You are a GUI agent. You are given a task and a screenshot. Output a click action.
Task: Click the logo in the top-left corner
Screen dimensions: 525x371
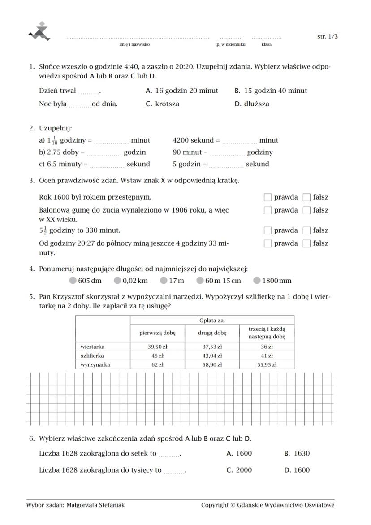pos(39,31)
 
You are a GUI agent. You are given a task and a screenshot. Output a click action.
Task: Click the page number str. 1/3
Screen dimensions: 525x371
pos(327,37)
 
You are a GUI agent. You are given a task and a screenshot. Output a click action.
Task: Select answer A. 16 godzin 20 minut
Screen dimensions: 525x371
pos(182,91)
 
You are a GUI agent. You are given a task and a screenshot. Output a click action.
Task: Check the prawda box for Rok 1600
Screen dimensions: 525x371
pos(267,197)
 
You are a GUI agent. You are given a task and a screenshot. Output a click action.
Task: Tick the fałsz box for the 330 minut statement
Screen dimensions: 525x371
pos(306,230)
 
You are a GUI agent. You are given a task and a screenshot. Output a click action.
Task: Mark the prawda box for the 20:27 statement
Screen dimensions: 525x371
pos(267,243)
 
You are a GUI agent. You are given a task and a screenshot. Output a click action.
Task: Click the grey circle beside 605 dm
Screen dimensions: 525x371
pos(73,281)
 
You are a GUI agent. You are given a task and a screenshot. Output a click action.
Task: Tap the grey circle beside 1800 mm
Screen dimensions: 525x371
pos(257,281)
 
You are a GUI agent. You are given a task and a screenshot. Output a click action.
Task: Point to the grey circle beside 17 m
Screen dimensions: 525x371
pos(164,281)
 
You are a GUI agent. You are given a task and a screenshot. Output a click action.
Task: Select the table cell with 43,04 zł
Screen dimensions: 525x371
pos(212,356)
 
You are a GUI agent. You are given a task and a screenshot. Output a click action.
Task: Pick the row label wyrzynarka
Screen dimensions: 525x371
pos(95,364)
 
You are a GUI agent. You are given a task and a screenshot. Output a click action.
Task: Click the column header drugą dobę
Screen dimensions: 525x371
pos(212,333)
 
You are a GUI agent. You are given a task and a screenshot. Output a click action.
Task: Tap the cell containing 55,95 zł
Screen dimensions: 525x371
pos(267,364)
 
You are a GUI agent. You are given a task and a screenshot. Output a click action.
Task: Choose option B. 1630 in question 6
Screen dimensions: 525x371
pos(297,453)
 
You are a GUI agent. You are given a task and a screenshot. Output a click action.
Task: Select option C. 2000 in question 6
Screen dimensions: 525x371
pos(239,470)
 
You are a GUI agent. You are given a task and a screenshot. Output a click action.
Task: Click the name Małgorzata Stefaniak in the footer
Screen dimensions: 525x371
pos(95,505)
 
